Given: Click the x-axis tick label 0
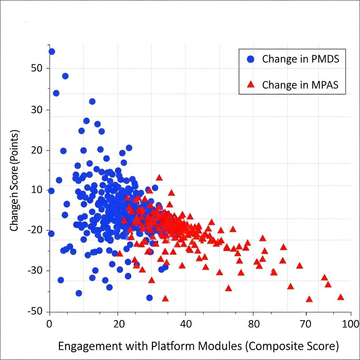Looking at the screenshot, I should [49, 324].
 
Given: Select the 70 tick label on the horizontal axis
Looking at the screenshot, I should [306, 324].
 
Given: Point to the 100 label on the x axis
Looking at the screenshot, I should [349, 324].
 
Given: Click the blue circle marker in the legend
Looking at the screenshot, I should [250, 59].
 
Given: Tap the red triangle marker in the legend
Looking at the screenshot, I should [250, 85].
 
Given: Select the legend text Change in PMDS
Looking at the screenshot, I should [301, 59].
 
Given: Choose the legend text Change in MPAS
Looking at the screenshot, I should [300, 85].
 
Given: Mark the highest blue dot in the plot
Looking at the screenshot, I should [52, 51].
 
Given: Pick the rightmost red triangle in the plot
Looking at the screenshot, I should [340, 297].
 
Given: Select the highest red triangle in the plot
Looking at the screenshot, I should [159, 178].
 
